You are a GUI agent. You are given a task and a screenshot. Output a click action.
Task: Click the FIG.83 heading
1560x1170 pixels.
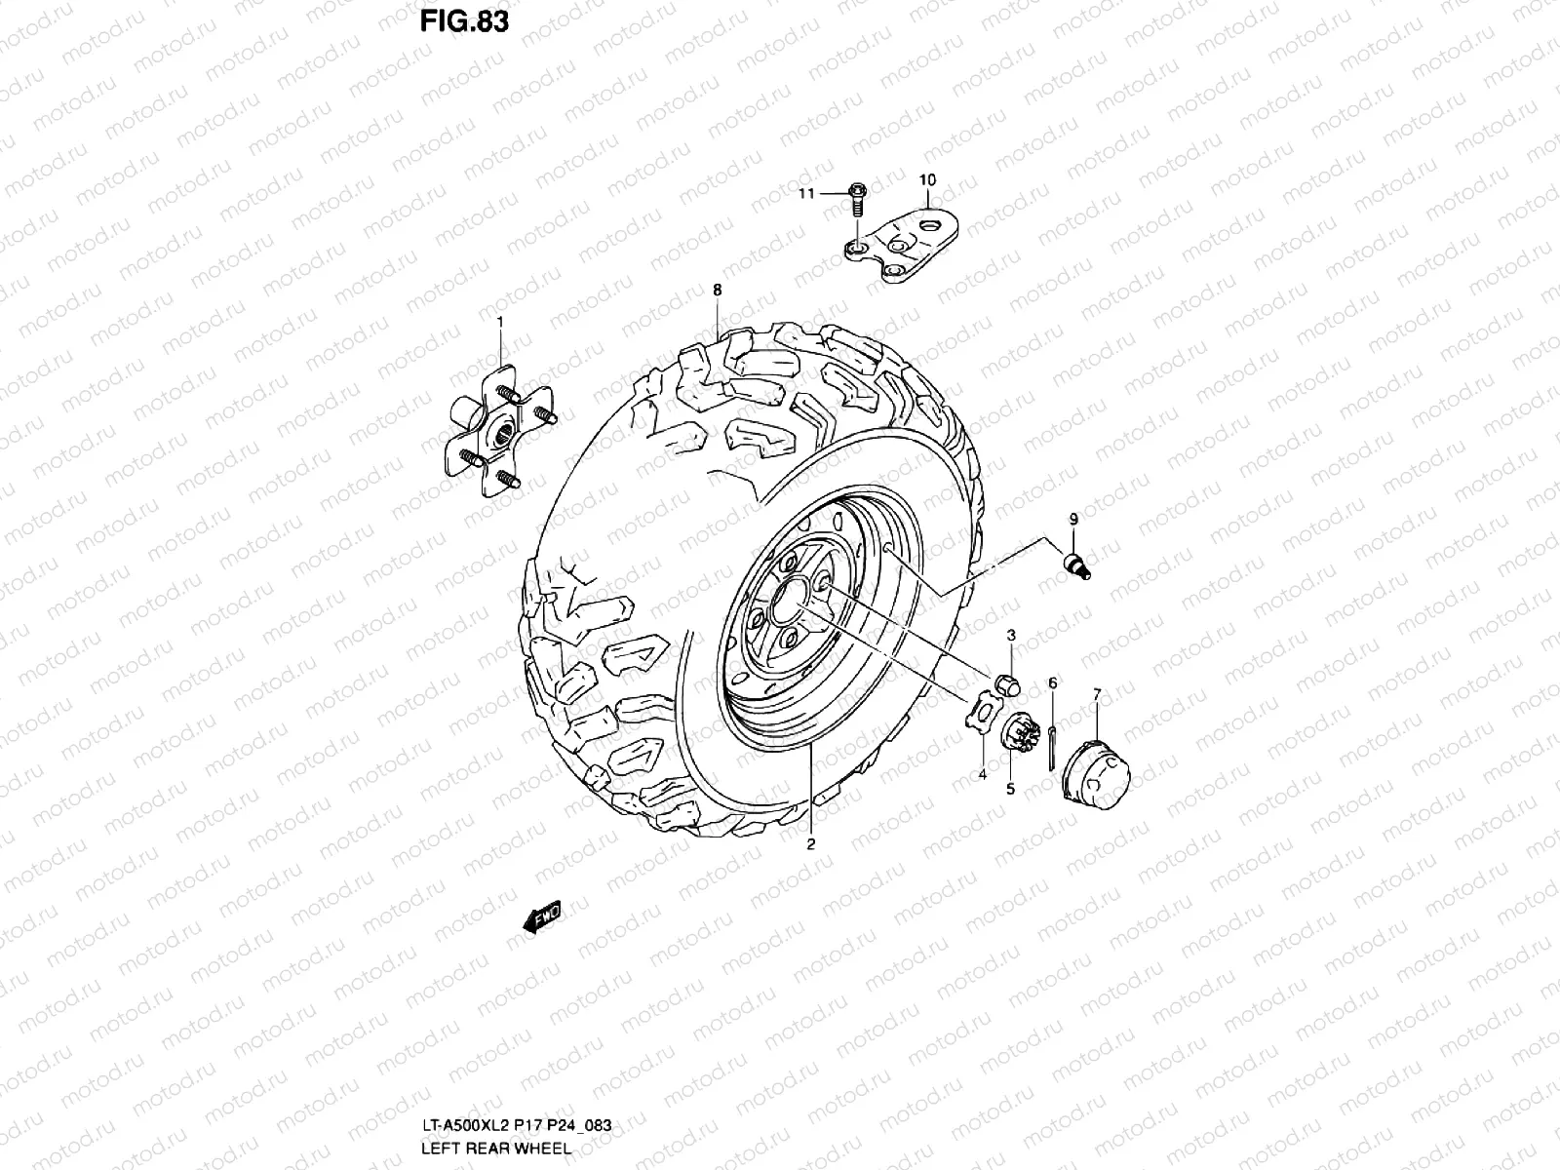[x=464, y=21]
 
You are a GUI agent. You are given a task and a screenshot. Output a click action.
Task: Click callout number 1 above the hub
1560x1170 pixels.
[x=500, y=322]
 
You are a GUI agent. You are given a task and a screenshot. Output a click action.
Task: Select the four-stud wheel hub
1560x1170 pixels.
[x=500, y=431]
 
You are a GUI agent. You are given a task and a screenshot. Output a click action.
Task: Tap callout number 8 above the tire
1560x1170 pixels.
[x=717, y=290]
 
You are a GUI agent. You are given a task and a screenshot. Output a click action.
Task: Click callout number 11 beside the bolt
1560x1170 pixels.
[x=806, y=193]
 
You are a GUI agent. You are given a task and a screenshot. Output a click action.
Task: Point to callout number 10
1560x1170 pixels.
[x=927, y=180]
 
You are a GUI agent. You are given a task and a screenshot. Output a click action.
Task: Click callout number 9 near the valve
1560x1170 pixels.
[x=1073, y=520]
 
